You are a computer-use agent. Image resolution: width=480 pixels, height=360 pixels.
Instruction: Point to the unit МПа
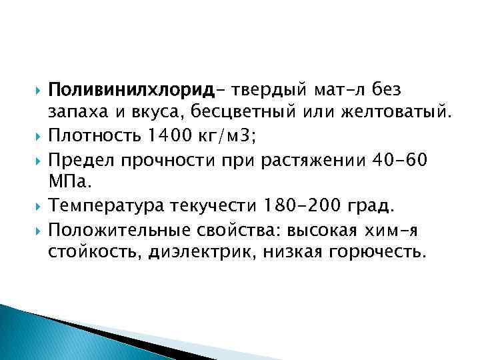pyautogui.click(x=64, y=181)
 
